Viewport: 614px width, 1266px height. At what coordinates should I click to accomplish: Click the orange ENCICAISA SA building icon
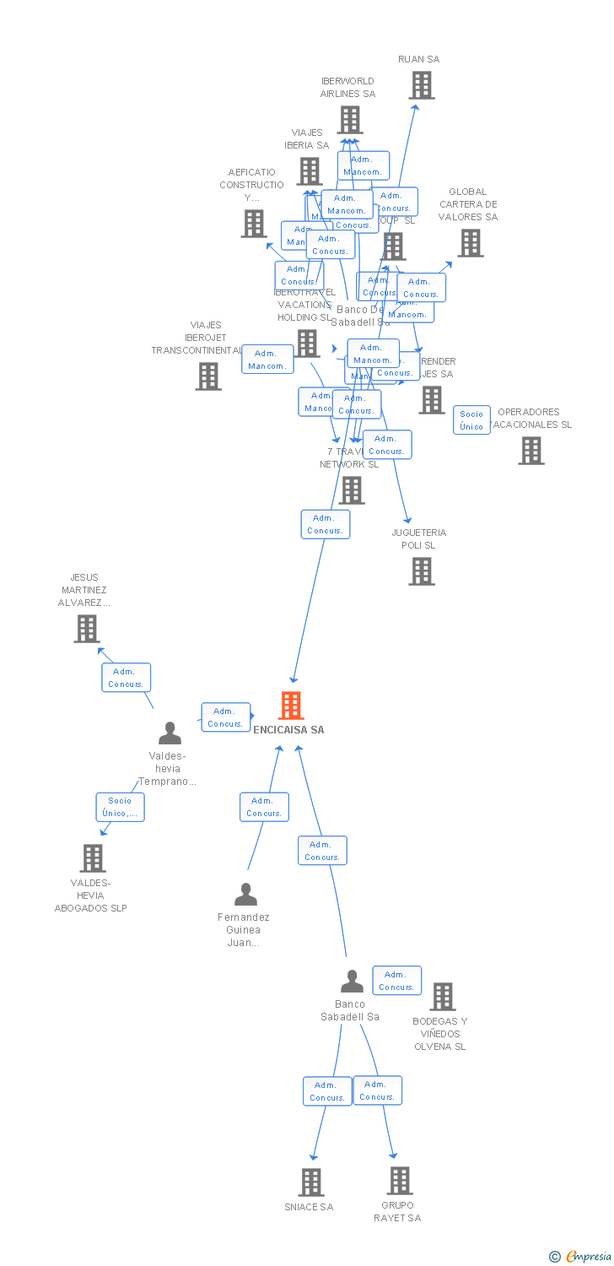pyautogui.click(x=291, y=706)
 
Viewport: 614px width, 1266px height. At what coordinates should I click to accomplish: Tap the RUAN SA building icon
pyautogui.click(x=421, y=85)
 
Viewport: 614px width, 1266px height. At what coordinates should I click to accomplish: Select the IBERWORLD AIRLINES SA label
pyautogui.click(x=347, y=88)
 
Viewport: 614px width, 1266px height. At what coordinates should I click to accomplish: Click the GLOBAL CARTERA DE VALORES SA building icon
pyautogui.click(x=470, y=243)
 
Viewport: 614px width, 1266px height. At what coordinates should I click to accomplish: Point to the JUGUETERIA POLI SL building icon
pyautogui.click(x=421, y=571)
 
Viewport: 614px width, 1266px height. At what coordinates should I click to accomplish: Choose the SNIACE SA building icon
pyautogui.click(x=311, y=1182)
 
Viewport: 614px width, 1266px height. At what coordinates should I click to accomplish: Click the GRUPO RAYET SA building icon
pyautogui.click(x=399, y=1181)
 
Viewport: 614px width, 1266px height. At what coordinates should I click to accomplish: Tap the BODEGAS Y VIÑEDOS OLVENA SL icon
pyautogui.click(x=442, y=997)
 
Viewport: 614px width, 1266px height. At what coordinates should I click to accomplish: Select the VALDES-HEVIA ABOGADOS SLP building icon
pyautogui.click(x=92, y=858)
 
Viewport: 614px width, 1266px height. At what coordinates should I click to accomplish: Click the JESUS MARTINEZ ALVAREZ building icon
pyautogui.click(x=86, y=629)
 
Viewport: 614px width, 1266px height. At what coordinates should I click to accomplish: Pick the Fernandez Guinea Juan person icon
pyautogui.click(x=245, y=894)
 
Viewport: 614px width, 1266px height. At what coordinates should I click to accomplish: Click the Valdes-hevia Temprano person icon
pyautogui.click(x=170, y=733)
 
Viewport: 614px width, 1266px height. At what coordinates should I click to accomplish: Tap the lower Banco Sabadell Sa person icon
pyautogui.click(x=352, y=982)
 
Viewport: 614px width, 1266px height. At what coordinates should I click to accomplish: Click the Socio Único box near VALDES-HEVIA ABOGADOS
pyautogui.click(x=120, y=807)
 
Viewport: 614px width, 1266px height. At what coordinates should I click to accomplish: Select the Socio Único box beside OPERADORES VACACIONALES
pyautogui.click(x=471, y=419)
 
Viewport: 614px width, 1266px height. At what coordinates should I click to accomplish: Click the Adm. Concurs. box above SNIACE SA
pyautogui.click(x=327, y=1091)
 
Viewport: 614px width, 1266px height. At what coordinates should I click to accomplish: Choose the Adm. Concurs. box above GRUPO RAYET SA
pyautogui.click(x=377, y=1090)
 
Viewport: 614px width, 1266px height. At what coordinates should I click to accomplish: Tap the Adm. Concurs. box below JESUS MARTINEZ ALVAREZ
pyautogui.click(x=127, y=678)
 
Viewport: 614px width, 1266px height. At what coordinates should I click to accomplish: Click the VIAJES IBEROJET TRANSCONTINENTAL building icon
pyautogui.click(x=208, y=376)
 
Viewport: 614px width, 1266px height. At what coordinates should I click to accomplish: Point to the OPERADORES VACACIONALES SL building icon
pyautogui.click(x=531, y=451)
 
